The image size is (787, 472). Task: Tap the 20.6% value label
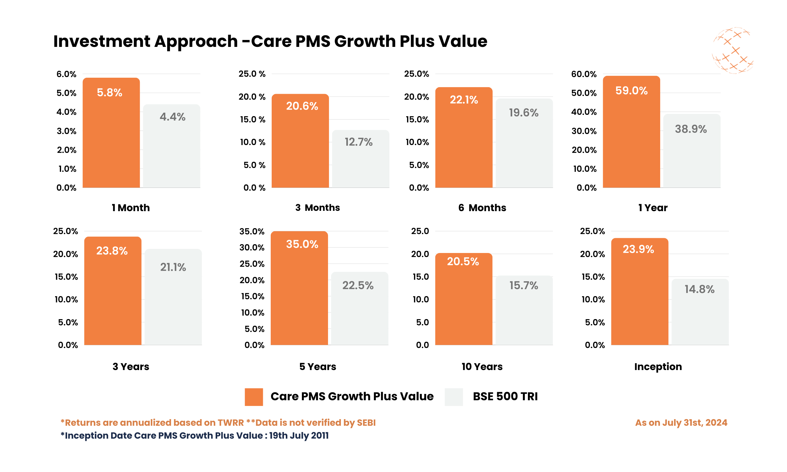(x=302, y=106)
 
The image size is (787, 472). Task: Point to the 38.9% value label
(x=691, y=129)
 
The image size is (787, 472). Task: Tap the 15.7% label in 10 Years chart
(x=524, y=285)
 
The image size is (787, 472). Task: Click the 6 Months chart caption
(x=482, y=208)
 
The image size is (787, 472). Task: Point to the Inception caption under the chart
(x=658, y=366)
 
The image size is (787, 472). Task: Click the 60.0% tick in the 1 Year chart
(x=583, y=74)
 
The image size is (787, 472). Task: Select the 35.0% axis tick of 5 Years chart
(x=252, y=231)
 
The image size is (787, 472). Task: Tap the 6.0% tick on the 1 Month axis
(x=66, y=74)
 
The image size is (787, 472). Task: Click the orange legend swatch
(x=253, y=396)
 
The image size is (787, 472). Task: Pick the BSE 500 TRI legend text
(x=505, y=396)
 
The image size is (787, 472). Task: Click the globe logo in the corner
(x=732, y=51)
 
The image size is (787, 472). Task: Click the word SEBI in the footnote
(x=366, y=422)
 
